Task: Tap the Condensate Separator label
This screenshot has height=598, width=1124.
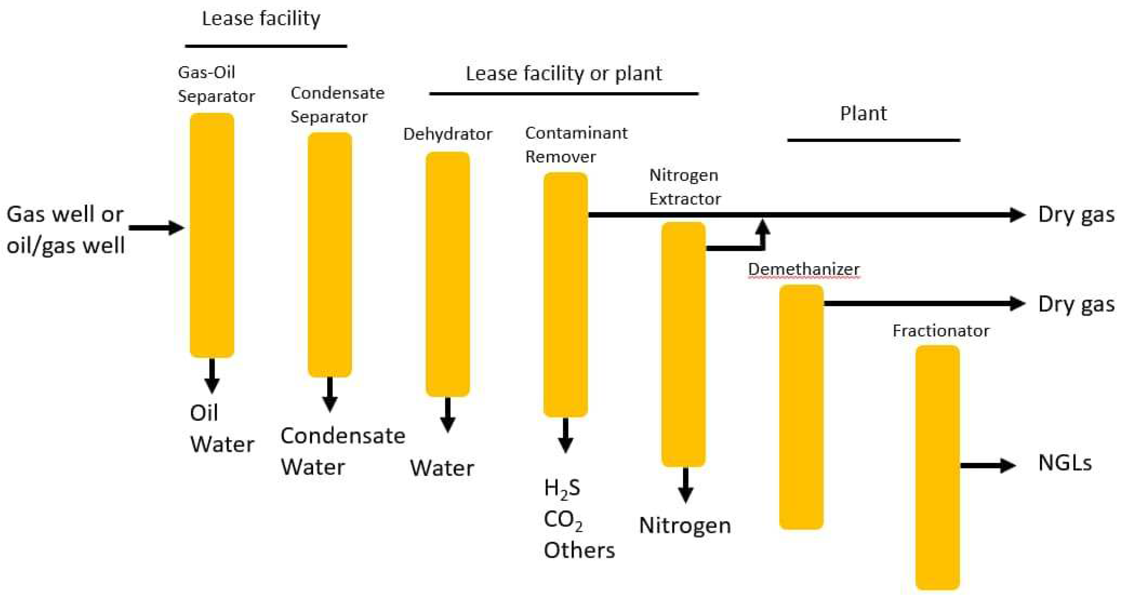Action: coord(337,105)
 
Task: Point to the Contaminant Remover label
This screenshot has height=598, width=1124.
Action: coord(576,144)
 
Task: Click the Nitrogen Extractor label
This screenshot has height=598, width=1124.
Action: coord(685,187)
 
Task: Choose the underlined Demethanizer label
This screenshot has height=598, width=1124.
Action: coord(803,269)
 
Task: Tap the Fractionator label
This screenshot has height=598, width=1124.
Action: coord(941,330)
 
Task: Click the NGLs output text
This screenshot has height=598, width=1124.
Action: coord(1065,463)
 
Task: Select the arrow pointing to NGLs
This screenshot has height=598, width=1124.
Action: coord(988,466)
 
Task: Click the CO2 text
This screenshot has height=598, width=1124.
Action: coord(563,520)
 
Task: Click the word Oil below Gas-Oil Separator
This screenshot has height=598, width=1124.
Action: coord(204,413)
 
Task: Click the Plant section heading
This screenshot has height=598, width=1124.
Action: coord(863,113)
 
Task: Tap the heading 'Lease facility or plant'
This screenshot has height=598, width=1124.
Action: coord(563,73)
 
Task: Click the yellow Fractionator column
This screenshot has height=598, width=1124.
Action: coord(937,467)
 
